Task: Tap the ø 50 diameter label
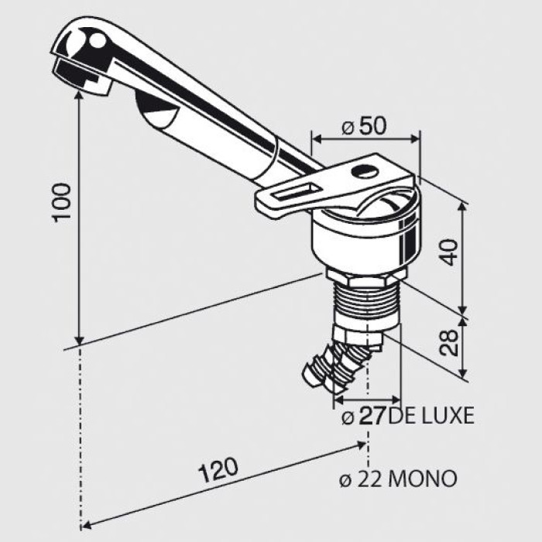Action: coord(363,127)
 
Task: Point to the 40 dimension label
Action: coord(451,252)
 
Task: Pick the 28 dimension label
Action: coord(451,341)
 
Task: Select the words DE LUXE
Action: coord(431,416)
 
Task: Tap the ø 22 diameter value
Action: coord(363,479)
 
